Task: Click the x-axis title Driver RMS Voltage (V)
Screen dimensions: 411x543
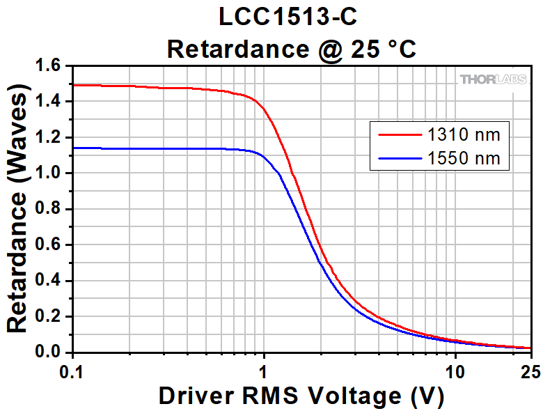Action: click(301, 396)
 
